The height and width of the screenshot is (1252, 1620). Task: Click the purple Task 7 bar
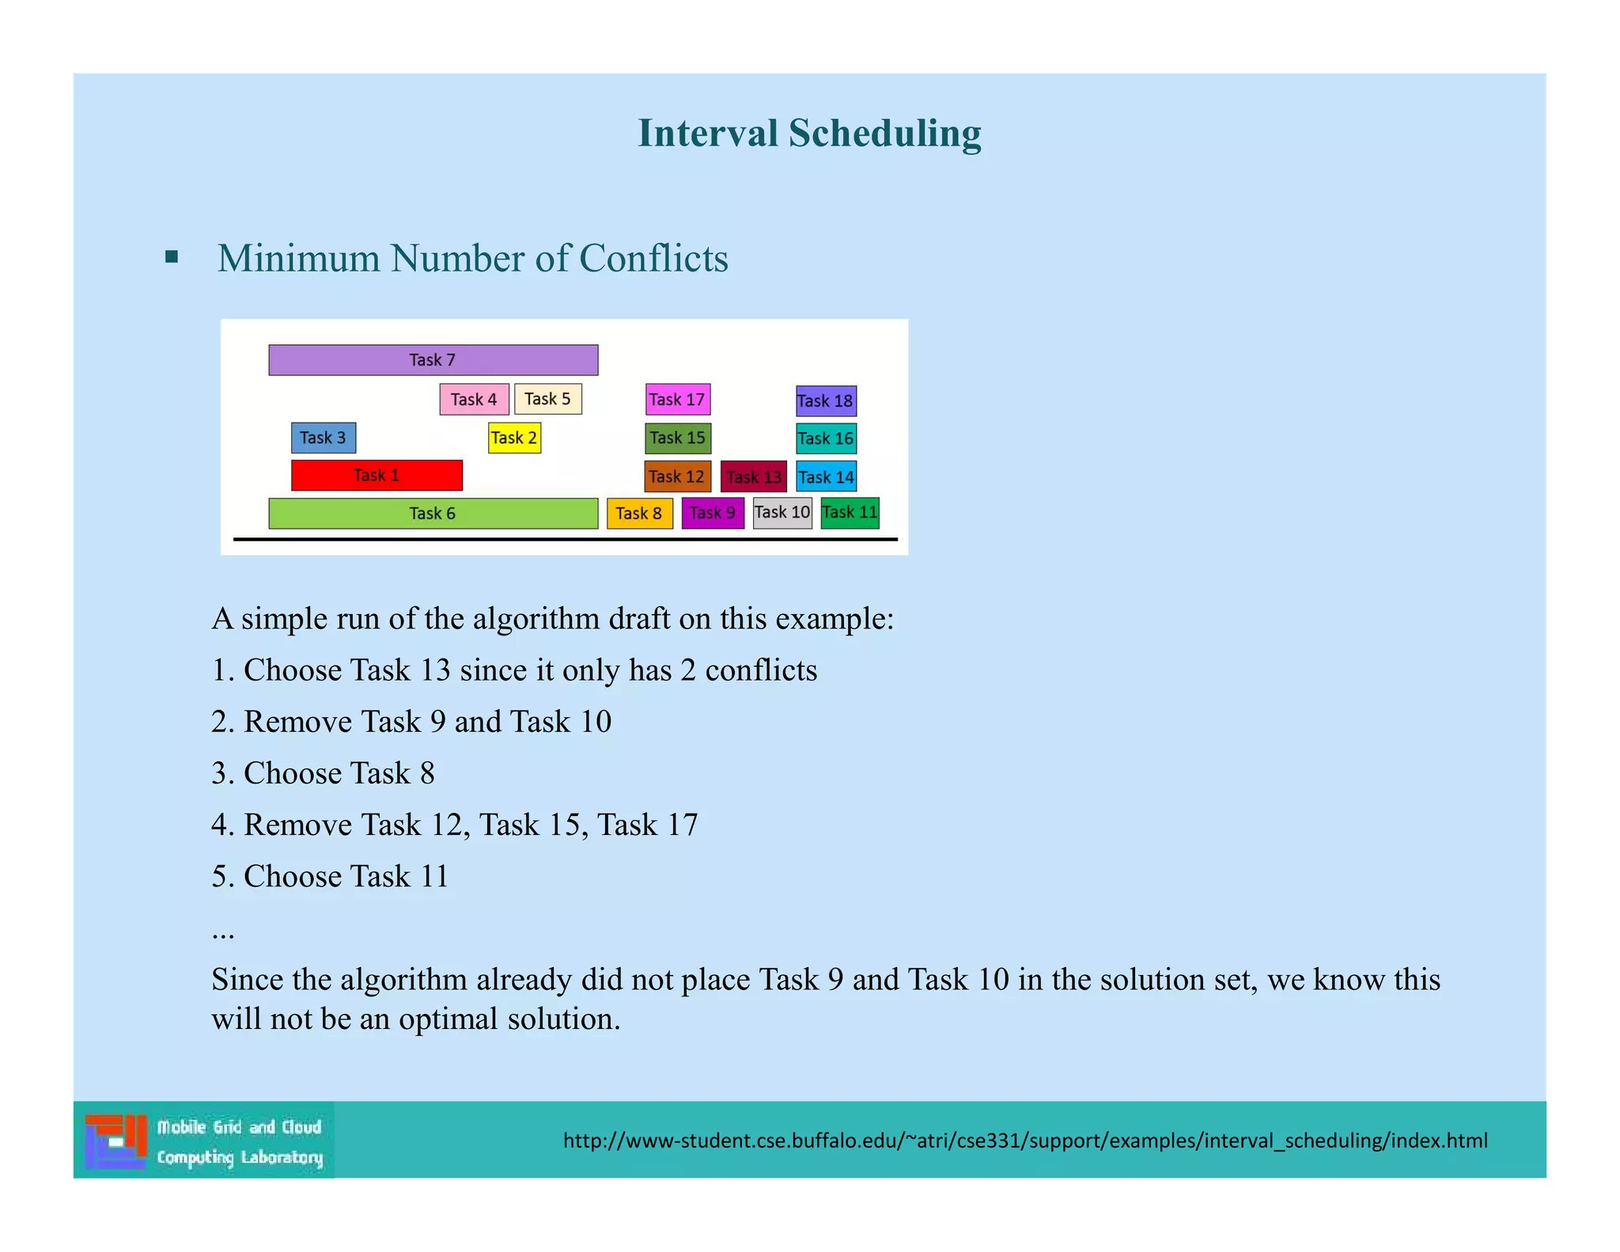tap(433, 360)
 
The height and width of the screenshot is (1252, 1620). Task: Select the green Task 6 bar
tap(433, 514)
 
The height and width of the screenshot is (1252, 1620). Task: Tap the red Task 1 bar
tap(377, 476)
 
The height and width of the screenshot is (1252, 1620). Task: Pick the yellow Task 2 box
tap(514, 438)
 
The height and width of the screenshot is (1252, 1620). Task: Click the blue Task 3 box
tap(323, 438)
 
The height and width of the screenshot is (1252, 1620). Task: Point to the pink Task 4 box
tap(474, 399)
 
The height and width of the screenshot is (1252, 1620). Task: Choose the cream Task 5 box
tap(547, 399)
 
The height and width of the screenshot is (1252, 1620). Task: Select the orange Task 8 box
tap(639, 514)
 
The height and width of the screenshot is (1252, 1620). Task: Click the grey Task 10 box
tap(782, 513)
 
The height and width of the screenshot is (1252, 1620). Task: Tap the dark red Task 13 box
tap(754, 477)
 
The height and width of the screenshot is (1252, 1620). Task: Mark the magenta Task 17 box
tap(678, 400)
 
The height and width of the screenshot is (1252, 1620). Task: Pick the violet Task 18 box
tap(826, 401)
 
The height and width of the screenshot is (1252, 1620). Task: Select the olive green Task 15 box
tap(678, 438)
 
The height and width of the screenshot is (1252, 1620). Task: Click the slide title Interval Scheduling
tap(809, 133)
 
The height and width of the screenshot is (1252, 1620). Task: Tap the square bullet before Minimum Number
tap(172, 257)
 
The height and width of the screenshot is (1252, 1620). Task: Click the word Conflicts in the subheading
tap(653, 259)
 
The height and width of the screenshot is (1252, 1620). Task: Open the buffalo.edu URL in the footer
tap(1025, 1140)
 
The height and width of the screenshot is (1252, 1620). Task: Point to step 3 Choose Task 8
tap(324, 773)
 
